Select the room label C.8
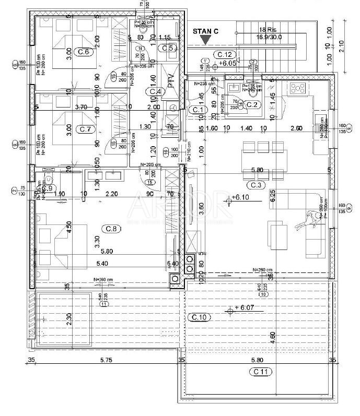tap(111, 228)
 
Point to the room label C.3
tap(256, 184)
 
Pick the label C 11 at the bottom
tap(261, 371)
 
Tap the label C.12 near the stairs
tap(225, 54)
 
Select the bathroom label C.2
tap(252, 104)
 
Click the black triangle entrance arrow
tap(206, 40)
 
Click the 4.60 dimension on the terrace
tap(272, 336)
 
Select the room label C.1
tap(197, 110)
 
